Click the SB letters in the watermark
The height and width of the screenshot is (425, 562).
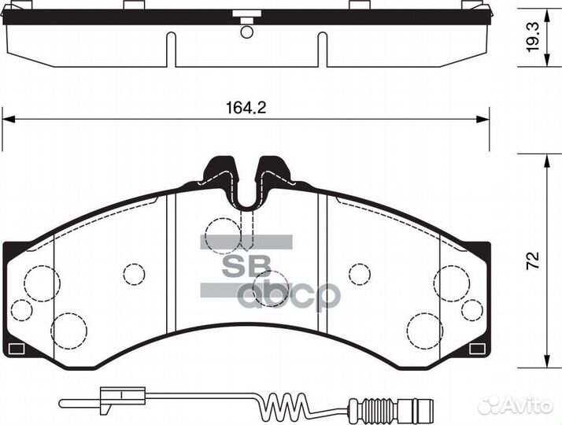coord(246,265)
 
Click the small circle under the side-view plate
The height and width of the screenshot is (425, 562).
coord(247,32)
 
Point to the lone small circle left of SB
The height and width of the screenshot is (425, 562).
coord(135,273)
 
